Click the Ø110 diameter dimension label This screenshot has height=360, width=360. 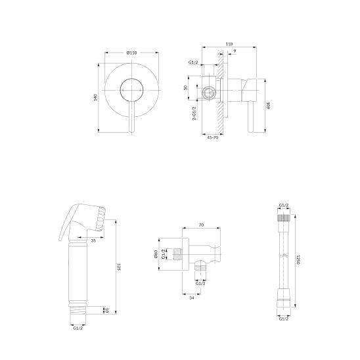[x=132, y=53]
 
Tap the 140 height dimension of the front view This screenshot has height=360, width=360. [x=96, y=97]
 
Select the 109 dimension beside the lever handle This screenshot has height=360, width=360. [x=268, y=106]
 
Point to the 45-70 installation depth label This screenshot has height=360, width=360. [x=212, y=138]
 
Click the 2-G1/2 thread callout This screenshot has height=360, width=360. [x=194, y=114]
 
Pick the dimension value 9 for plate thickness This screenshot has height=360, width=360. [x=235, y=51]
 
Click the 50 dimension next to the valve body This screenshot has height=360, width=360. [x=186, y=88]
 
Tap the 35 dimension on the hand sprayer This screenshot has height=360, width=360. [x=93, y=240]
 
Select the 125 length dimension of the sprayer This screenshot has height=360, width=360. [x=119, y=267]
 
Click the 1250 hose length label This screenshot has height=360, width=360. [x=298, y=259]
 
